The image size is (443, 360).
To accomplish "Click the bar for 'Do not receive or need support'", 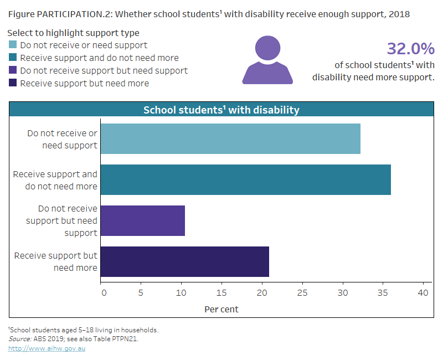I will (x=230, y=138).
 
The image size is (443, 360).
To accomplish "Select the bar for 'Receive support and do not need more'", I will (x=245, y=179).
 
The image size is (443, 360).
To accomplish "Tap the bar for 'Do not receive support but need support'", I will (x=143, y=220).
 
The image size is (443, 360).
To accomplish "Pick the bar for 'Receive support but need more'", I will (x=185, y=261).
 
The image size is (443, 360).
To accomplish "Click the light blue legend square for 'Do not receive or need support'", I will (x=13, y=45).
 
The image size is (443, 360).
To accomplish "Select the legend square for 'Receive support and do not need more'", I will (x=13, y=58).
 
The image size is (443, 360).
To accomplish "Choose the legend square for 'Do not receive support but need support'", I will (x=13, y=70).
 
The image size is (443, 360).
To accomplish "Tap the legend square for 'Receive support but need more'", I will (x=13, y=83).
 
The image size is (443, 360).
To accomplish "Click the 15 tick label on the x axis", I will (x=222, y=292).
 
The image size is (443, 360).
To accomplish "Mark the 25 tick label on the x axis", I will (x=302, y=292).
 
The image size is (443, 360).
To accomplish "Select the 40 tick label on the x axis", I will (x=423, y=292).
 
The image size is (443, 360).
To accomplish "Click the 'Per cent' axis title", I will (x=221, y=309).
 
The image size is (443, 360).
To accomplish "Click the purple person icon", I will (x=267, y=61).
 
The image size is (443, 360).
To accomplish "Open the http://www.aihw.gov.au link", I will (x=47, y=348).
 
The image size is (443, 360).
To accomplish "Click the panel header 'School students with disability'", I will (x=221, y=110).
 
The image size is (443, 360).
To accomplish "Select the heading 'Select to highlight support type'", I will (x=73, y=33).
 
